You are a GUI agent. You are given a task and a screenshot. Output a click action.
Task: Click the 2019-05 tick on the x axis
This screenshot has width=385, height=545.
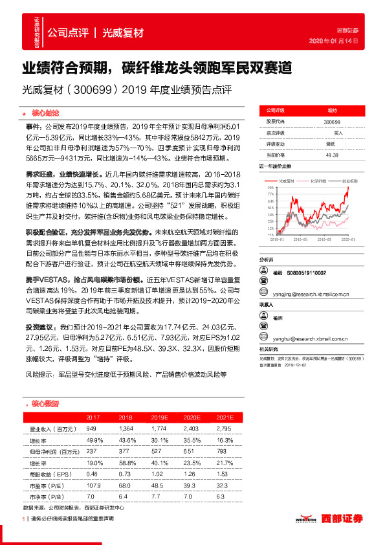[x=304, y=238]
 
